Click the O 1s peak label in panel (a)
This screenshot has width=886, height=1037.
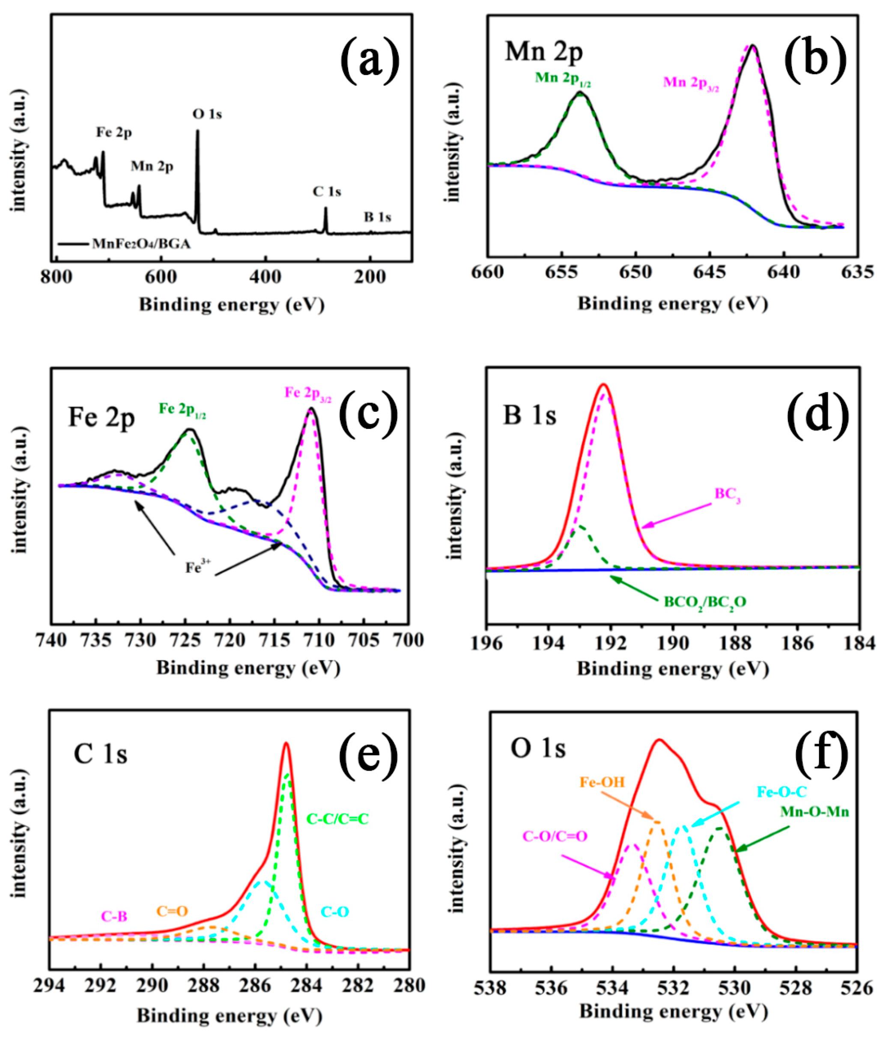207,115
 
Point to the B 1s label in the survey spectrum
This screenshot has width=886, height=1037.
377,217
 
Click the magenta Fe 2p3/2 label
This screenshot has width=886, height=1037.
308,392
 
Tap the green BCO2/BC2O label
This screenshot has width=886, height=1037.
705,602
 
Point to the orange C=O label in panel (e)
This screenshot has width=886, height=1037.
172,911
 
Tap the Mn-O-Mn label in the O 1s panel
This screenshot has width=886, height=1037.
814,811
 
